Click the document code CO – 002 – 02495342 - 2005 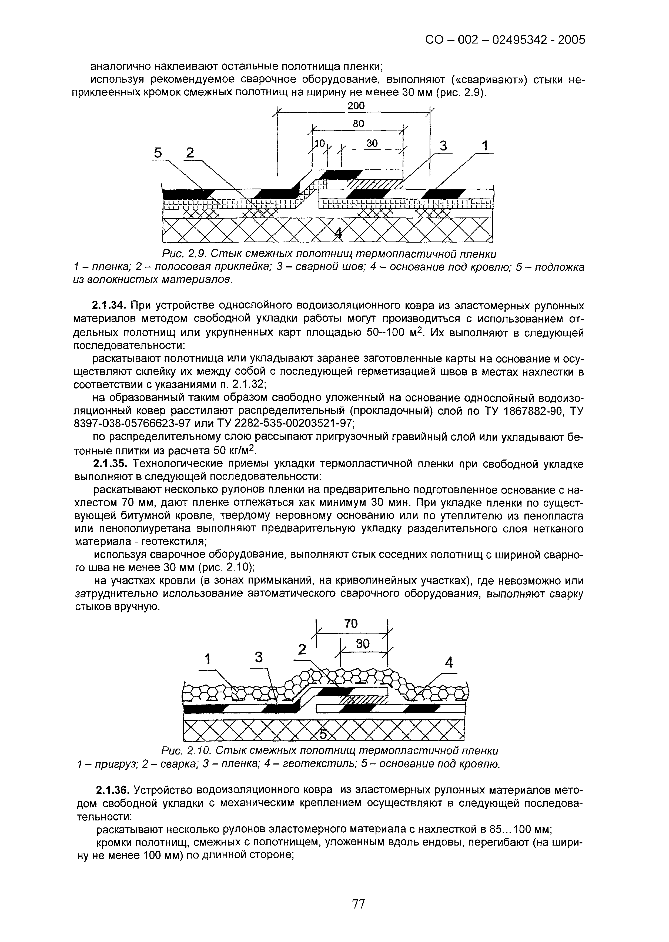(x=505, y=40)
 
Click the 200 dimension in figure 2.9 (x=356, y=106)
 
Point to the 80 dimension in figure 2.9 (x=358, y=123)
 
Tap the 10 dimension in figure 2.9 (x=319, y=143)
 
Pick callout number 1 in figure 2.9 (x=485, y=146)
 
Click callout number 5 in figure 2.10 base (x=324, y=733)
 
